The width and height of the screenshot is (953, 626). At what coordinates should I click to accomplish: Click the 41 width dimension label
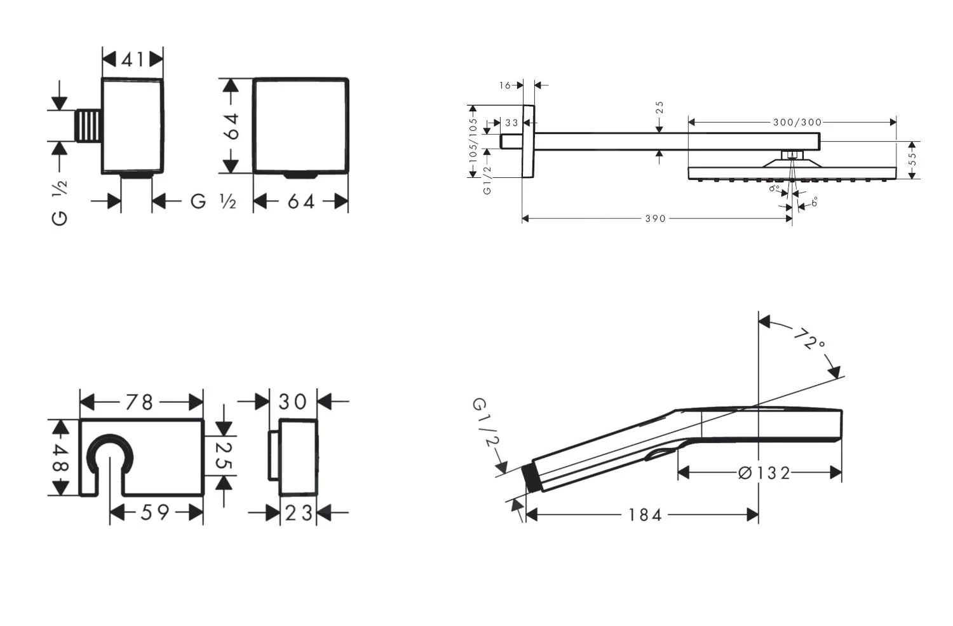(x=132, y=60)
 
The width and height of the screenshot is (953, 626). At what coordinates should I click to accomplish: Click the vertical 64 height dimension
(x=232, y=126)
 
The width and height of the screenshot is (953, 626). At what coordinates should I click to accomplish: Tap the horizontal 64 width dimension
(x=301, y=201)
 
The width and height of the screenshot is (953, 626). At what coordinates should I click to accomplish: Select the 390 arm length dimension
(x=655, y=219)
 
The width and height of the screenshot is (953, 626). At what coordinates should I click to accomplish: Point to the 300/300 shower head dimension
(x=797, y=123)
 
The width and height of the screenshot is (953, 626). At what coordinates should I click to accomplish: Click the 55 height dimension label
(x=912, y=159)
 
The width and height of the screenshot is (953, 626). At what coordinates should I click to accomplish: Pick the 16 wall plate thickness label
(x=504, y=86)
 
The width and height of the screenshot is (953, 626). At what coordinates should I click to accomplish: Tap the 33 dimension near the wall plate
(x=511, y=123)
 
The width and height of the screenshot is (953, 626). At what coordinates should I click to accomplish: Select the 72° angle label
(x=809, y=339)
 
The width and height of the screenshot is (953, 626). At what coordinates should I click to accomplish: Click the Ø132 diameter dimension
(x=764, y=473)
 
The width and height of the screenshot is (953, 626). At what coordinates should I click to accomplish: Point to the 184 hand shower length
(x=645, y=515)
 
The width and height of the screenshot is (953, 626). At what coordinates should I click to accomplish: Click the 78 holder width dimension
(x=140, y=402)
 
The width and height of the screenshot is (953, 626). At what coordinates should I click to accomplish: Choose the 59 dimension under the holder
(x=155, y=512)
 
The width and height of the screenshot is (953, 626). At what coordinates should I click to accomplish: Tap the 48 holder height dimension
(x=60, y=458)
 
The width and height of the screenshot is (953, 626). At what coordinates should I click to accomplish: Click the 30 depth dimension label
(x=292, y=401)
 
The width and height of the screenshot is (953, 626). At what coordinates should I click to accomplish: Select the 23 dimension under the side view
(x=299, y=514)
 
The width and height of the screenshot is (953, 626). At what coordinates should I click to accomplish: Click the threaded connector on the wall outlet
(x=89, y=126)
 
